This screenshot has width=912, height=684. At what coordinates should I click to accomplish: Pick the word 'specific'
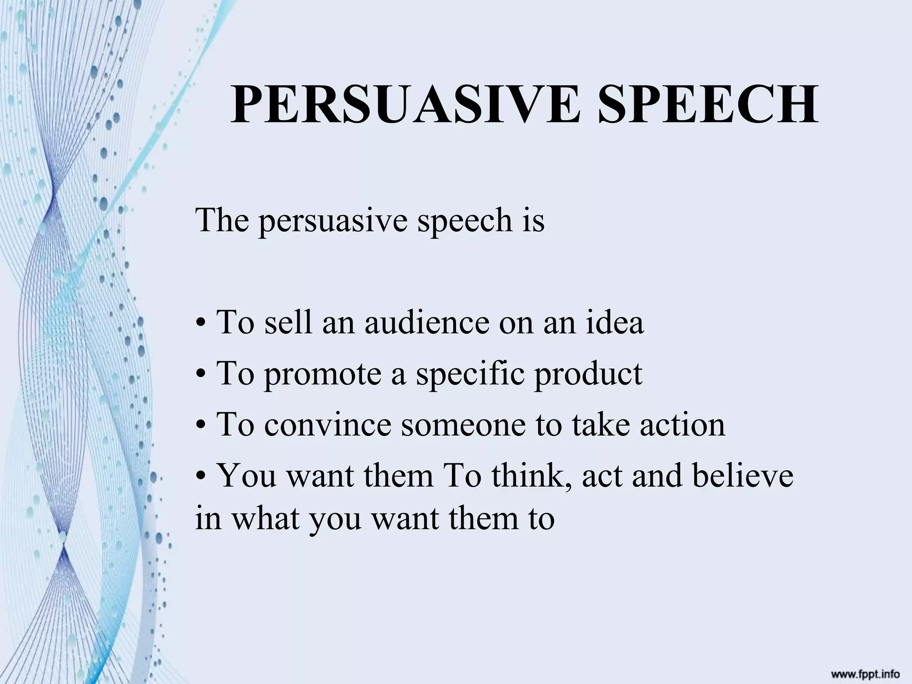click(470, 374)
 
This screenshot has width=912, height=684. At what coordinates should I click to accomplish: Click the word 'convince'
click(327, 425)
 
